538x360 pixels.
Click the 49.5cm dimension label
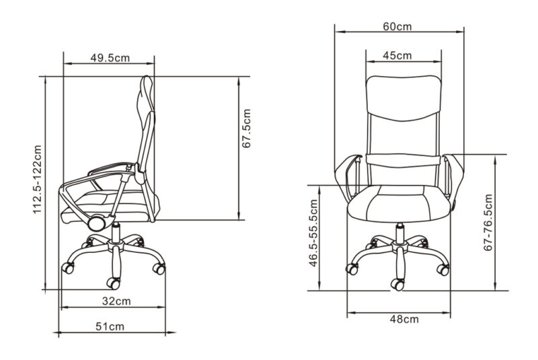tap(110, 58)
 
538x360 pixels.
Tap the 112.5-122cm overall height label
tap(37, 179)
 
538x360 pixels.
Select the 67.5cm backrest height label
tap(247, 129)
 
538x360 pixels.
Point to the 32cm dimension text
tap(116, 301)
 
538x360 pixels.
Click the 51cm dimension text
tap(110, 327)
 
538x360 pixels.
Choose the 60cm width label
tap(397, 26)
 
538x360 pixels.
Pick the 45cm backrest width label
tap(397, 55)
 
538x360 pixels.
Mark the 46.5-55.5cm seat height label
tap(313, 233)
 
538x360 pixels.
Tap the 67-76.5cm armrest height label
tap(488, 222)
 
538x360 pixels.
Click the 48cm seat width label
tap(404, 319)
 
